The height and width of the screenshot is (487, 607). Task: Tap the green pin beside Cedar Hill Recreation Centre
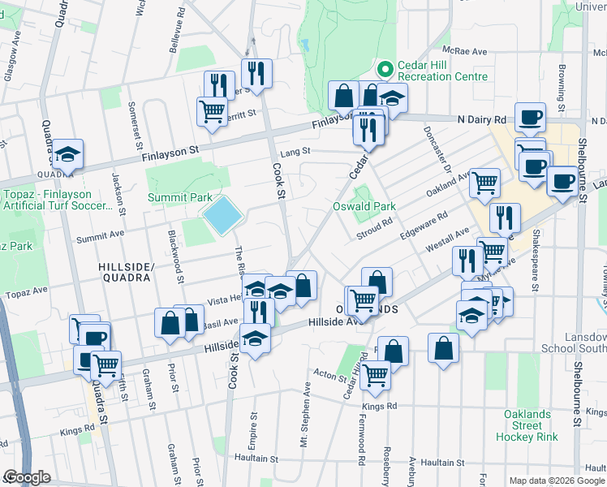[384, 70]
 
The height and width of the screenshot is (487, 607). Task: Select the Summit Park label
[179, 197]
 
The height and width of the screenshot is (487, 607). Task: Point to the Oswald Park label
[364, 206]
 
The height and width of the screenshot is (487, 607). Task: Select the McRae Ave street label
[470, 51]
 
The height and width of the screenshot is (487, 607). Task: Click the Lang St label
[295, 151]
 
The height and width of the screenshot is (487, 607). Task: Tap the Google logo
[27, 477]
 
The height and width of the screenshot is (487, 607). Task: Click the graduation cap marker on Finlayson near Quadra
[68, 153]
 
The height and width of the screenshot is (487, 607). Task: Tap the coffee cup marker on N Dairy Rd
[530, 118]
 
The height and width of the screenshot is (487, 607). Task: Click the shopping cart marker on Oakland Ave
[484, 183]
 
